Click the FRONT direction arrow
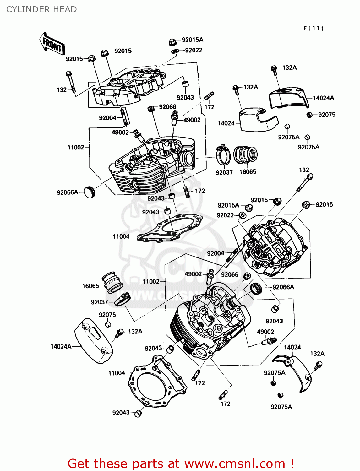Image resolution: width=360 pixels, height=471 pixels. [52, 44]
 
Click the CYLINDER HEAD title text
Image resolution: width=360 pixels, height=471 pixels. [41, 9]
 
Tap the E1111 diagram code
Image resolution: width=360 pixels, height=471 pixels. [314, 29]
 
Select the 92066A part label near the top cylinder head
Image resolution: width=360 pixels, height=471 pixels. [67, 192]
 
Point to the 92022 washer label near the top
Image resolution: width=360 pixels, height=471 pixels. [194, 51]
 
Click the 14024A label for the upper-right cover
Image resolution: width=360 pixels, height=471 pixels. [323, 98]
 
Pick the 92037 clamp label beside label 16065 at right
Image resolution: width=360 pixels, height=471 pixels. [224, 172]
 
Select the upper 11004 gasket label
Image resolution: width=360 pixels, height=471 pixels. [121, 236]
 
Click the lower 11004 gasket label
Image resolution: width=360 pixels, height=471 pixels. [117, 373]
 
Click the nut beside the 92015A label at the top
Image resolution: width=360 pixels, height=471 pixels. [172, 41]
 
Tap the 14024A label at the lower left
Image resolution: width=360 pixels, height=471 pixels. [61, 347]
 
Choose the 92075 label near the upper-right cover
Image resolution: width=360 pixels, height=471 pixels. [327, 115]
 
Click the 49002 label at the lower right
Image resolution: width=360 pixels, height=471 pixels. [265, 332]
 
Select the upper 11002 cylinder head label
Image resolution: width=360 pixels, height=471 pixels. [76, 148]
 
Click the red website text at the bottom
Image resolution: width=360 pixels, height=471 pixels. [181, 464]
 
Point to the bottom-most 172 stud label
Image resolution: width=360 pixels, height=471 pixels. [225, 404]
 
